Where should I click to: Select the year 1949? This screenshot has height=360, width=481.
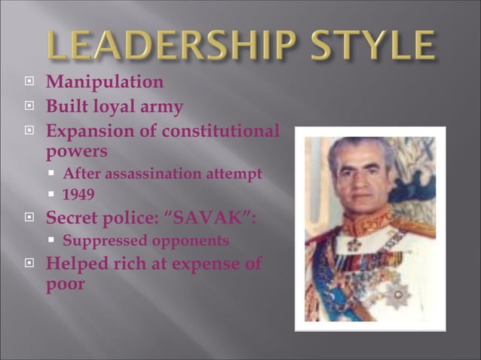pyautogui.click(x=78, y=195)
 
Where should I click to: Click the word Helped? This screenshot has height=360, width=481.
pyautogui.click(x=78, y=264)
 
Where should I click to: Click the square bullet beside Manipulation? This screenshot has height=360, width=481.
pyautogui.click(x=30, y=82)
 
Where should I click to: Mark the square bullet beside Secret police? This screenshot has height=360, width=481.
pyautogui.click(x=30, y=220)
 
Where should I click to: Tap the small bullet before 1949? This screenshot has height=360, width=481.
pyautogui.click(x=53, y=196)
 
